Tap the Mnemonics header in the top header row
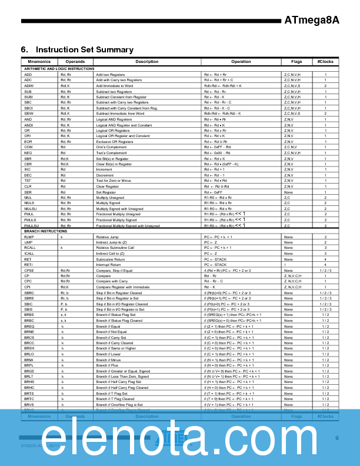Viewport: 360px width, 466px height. point(39,61)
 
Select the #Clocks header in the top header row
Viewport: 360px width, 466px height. point(325,61)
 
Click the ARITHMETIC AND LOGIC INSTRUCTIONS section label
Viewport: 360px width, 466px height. point(59,69)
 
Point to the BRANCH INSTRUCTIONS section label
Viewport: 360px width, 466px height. point(46,231)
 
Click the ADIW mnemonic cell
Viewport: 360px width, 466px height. point(29,86)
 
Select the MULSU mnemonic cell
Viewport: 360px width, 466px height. point(31,208)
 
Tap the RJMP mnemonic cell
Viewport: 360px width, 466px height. point(29,237)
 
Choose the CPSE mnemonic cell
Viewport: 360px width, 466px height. point(29,270)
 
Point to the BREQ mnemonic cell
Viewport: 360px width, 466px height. point(29,326)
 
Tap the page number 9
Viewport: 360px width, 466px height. point(337,438)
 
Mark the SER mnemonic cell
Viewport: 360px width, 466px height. point(28,192)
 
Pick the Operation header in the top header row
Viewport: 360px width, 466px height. point(241,61)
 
